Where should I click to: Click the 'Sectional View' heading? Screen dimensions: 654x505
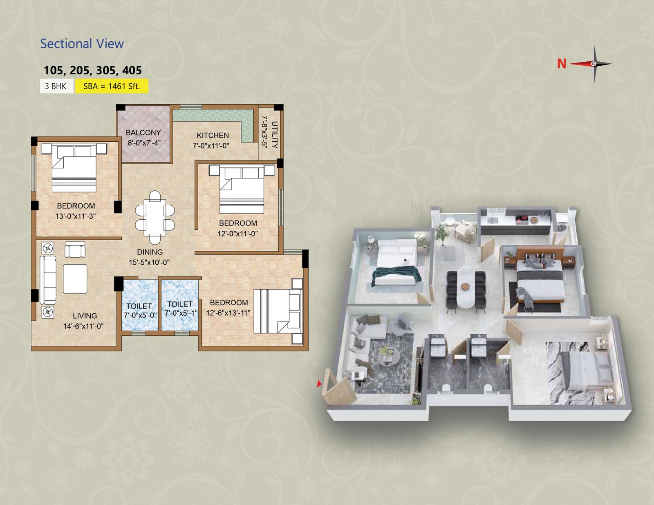pos(82,44)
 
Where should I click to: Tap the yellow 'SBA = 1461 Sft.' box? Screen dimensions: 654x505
pos(112,86)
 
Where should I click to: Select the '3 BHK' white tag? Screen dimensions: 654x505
pos(56,86)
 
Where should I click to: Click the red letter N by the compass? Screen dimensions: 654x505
pos(562,64)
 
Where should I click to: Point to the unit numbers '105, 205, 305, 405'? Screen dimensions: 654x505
pos(93,70)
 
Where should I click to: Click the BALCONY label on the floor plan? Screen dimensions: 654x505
pos(143,133)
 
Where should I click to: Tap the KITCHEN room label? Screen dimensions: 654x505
pos(213,135)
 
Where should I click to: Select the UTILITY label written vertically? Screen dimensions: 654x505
pos(275,135)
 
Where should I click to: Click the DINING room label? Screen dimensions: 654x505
pos(150,252)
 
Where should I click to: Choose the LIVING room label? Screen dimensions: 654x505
pos(85,316)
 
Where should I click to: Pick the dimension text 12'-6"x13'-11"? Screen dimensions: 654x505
pos(228,313)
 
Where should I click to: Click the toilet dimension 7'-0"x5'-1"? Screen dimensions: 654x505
pos(181,313)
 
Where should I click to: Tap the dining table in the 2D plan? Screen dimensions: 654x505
pos(155,218)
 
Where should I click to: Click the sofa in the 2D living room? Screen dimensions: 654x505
pos(48,280)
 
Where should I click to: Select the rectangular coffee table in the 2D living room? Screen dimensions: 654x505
pos(75,279)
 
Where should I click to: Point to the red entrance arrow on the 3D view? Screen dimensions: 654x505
pos(319,384)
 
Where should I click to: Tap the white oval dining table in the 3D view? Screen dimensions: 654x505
pos(466,287)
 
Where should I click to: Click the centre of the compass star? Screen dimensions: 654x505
pos(594,64)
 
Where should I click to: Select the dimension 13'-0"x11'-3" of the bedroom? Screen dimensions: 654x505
pos(76,216)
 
